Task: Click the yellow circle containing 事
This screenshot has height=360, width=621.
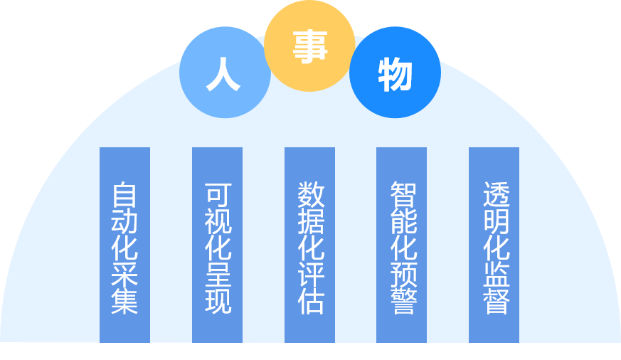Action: (309, 47)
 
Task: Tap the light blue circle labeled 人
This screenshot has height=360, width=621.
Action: (224, 73)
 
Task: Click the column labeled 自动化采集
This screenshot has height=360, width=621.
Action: (124, 245)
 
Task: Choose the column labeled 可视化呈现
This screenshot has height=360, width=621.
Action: (217, 245)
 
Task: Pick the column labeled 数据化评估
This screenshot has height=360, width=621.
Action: (309, 245)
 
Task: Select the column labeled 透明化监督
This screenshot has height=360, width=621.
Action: (494, 245)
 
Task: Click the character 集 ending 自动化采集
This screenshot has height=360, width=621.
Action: (124, 302)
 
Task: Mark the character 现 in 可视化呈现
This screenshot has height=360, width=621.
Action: (217, 302)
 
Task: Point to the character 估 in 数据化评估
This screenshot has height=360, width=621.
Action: (310, 302)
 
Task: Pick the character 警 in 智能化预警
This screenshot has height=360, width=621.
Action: (402, 302)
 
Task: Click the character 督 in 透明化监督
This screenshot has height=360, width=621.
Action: (494, 302)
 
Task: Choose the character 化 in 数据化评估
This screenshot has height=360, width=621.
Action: (310, 248)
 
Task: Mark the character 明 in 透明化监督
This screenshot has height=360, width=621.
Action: (494, 221)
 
